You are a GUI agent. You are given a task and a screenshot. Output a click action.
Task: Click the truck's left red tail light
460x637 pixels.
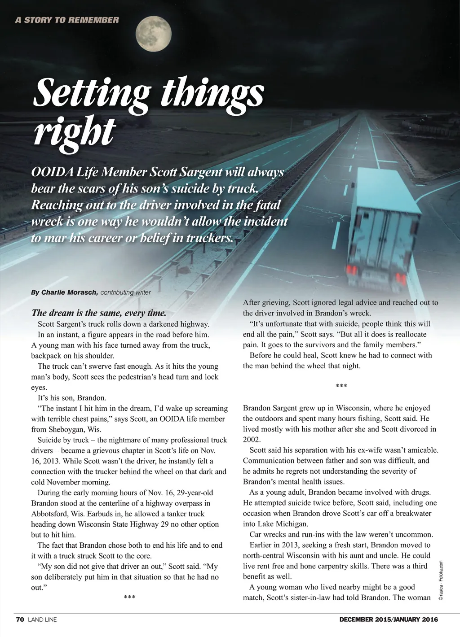pyautogui.click(x=352, y=270)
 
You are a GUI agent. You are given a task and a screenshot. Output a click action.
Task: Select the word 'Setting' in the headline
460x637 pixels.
pyautogui.click(x=92, y=93)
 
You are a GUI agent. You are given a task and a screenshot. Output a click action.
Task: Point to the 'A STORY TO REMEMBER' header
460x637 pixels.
pyautogui.click(x=67, y=20)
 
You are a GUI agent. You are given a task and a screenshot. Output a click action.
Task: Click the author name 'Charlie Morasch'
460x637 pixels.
pyautogui.click(x=69, y=292)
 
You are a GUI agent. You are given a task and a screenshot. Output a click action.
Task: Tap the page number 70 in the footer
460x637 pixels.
pyautogui.click(x=20, y=620)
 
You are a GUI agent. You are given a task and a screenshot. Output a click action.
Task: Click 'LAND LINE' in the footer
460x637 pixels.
pyautogui.click(x=42, y=620)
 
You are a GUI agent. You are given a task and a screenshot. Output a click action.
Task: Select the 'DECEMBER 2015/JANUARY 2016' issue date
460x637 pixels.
pyautogui.click(x=389, y=620)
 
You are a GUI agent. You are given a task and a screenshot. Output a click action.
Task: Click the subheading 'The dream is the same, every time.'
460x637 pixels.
pyautogui.click(x=99, y=313)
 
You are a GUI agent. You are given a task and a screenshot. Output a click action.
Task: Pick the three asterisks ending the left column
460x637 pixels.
pyautogui.click(x=129, y=597)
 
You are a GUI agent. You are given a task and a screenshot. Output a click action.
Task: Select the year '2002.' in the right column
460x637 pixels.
pyautogui.click(x=252, y=440)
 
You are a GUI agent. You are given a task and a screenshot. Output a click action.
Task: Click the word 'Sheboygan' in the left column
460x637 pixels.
pyautogui.click(x=67, y=429)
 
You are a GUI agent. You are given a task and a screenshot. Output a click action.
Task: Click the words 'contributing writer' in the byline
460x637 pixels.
pyautogui.click(x=126, y=292)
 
